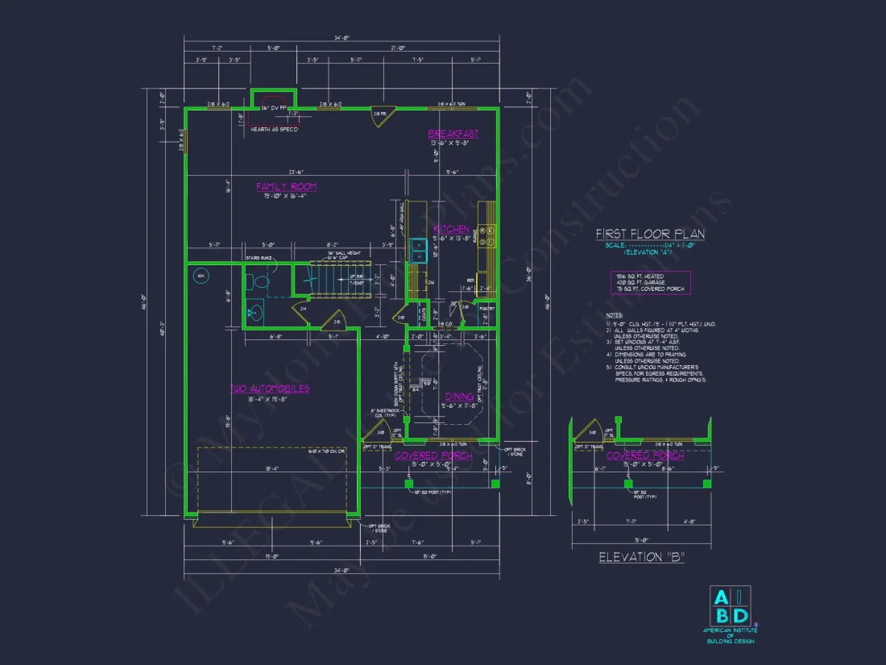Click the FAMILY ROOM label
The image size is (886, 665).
click(286, 187)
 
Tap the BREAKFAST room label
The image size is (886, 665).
click(453, 134)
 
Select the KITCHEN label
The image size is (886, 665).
click(451, 230)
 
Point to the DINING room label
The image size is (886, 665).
click(459, 397)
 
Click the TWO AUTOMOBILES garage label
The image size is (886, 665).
click(270, 389)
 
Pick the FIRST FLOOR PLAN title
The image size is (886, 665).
click(650, 234)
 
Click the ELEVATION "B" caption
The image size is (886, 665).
click(641, 558)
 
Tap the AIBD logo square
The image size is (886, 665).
click(729, 605)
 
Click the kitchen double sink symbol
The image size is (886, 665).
click(419, 251)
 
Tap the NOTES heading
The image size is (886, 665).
click(615, 315)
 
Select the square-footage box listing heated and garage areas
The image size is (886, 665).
click(650, 282)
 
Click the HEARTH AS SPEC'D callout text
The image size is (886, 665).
click(274, 130)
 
